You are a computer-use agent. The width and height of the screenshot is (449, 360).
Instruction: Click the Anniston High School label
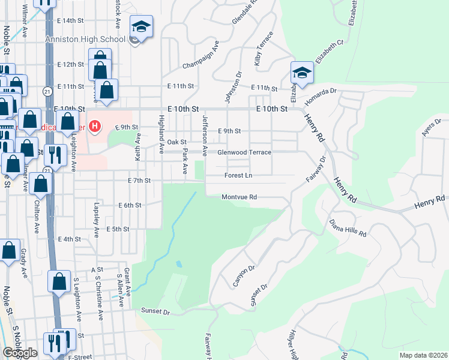coord(85,39)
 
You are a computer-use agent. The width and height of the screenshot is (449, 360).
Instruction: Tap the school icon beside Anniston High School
coord(142,28)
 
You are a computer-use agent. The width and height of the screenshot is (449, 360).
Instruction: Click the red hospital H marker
coord(94,126)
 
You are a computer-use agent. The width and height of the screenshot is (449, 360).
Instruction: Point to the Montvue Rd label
coord(239,197)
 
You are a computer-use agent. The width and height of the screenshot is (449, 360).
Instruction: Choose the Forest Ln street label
coord(238,176)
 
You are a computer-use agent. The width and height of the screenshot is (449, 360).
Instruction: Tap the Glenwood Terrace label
coord(244,152)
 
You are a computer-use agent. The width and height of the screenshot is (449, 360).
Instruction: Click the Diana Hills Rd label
coord(348,228)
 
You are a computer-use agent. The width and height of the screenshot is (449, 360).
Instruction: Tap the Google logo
coord(20,353)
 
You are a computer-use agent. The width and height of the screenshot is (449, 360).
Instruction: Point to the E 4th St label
coord(69,239)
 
